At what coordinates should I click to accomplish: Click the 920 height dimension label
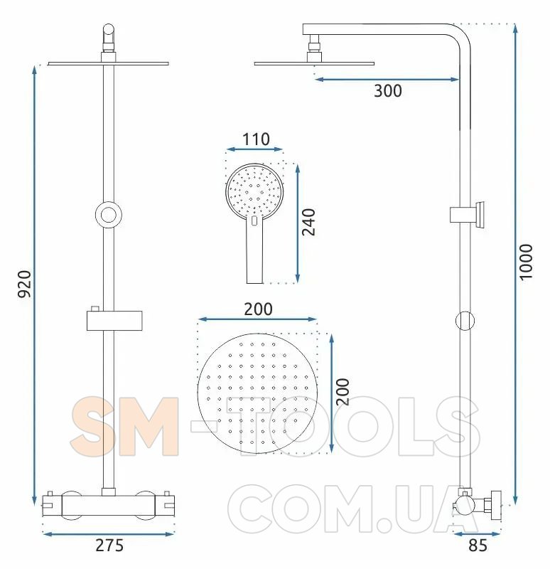point(25,284)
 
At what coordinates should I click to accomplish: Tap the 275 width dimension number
point(109,546)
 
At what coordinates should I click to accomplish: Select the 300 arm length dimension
point(387,91)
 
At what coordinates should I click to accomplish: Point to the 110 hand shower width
point(256,139)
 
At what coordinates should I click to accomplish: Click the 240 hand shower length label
point(308,222)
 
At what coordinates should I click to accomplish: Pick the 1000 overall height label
point(526,262)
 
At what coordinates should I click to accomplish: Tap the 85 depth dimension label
point(478,546)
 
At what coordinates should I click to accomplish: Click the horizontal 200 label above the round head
point(258,309)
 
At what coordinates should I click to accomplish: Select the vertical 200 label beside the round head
point(343,392)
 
